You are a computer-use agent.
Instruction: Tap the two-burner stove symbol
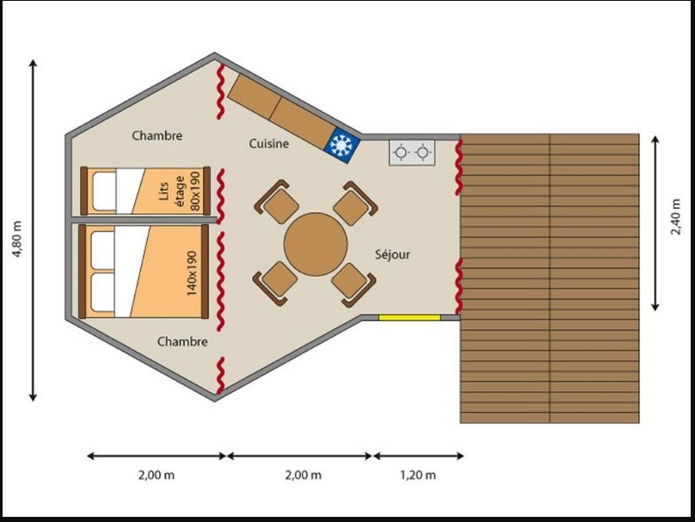click(x=412, y=153)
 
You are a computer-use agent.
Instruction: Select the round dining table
click(x=316, y=244)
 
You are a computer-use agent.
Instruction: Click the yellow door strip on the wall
click(x=409, y=317)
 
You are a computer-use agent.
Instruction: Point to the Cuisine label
click(x=269, y=144)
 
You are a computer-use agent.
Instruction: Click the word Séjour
click(x=392, y=255)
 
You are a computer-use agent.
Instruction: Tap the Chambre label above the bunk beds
click(x=157, y=135)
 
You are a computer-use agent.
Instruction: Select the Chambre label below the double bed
click(x=182, y=341)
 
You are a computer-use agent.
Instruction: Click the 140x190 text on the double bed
click(x=191, y=273)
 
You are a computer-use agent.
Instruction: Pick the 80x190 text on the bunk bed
click(x=194, y=191)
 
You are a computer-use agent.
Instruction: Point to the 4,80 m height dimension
click(x=17, y=239)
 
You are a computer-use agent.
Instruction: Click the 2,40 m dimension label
click(x=675, y=217)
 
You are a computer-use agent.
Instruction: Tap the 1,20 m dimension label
click(x=418, y=475)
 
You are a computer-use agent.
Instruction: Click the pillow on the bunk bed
click(x=104, y=191)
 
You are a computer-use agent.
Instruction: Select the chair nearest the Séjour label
click(x=354, y=285)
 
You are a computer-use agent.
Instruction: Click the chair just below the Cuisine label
click(x=276, y=202)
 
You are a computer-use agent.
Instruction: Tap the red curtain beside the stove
click(x=458, y=168)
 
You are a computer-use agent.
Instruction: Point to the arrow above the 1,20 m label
click(x=418, y=456)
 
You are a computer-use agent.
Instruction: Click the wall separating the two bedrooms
click(x=144, y=220)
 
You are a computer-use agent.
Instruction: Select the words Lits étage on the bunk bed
click(x=171, y=191)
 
